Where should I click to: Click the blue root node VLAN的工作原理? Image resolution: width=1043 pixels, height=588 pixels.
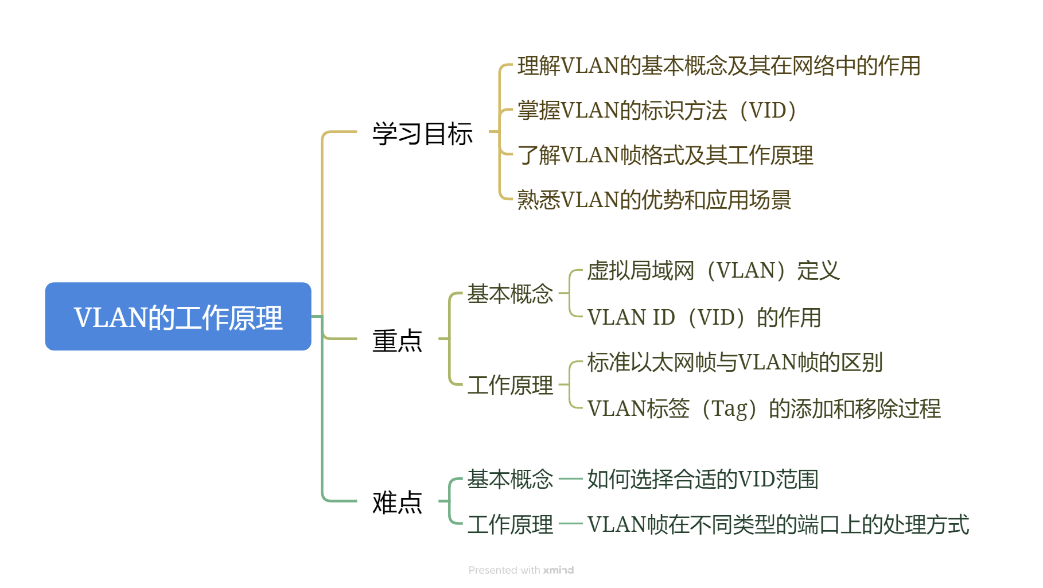click(178, 317)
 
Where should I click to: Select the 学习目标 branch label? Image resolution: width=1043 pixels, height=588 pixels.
click(422, 133)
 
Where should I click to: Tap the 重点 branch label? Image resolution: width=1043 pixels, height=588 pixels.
click(397, 340)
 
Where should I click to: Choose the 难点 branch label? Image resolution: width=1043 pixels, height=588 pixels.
click(397, 502)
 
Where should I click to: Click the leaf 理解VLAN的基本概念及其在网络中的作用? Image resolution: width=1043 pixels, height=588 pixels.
click(718, 66)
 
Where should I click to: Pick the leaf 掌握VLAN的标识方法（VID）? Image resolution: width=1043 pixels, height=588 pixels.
click(657, 110)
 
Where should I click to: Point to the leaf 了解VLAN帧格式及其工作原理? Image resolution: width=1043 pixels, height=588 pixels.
click(665, 155)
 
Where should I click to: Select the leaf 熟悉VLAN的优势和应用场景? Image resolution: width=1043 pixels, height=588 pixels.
click(654, 200)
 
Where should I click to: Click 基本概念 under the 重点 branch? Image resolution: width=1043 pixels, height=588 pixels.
click(510, 294)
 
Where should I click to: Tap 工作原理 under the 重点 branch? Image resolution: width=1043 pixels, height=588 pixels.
click(510, 385)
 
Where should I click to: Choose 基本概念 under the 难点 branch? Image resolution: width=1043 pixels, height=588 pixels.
click(510, 479)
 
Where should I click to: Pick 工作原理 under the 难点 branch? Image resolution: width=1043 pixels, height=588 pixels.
click(510, 524)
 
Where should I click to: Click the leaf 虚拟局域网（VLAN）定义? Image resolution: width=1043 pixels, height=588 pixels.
click(713, 270)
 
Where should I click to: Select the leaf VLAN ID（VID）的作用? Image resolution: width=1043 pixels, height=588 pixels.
click(704, 317)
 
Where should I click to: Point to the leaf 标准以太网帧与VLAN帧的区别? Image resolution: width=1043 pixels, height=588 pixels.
click(734, 362)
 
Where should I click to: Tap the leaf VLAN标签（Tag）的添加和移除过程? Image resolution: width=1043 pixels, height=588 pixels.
click(764, 408)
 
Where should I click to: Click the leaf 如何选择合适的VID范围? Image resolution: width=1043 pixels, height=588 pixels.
click(702, 479)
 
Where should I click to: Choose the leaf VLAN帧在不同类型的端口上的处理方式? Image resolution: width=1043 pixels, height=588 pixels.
click(778, 524)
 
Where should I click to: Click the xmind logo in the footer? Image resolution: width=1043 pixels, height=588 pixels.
click(558, 570)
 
